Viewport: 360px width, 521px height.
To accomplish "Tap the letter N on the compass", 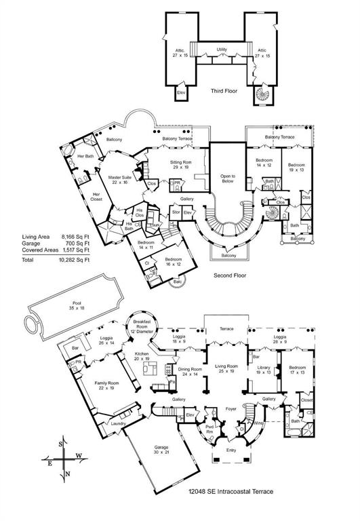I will click(x=65, y=474).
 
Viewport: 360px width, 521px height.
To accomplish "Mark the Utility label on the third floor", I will click(x=222, y=50).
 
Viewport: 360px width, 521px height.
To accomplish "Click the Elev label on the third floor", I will click(x=181, y=92).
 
